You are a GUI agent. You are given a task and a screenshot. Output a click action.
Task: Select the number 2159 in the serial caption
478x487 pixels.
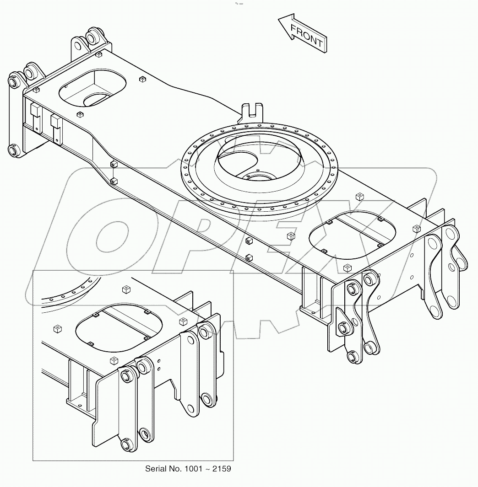(222, 469)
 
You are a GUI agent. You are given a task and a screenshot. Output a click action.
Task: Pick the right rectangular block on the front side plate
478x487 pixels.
(55, 122)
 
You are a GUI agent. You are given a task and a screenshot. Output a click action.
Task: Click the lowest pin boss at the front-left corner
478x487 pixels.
(13, 150)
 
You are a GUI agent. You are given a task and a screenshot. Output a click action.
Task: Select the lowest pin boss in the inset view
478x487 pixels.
(125, 444)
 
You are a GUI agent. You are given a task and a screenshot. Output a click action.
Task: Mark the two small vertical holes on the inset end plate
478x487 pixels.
(159, 364)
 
